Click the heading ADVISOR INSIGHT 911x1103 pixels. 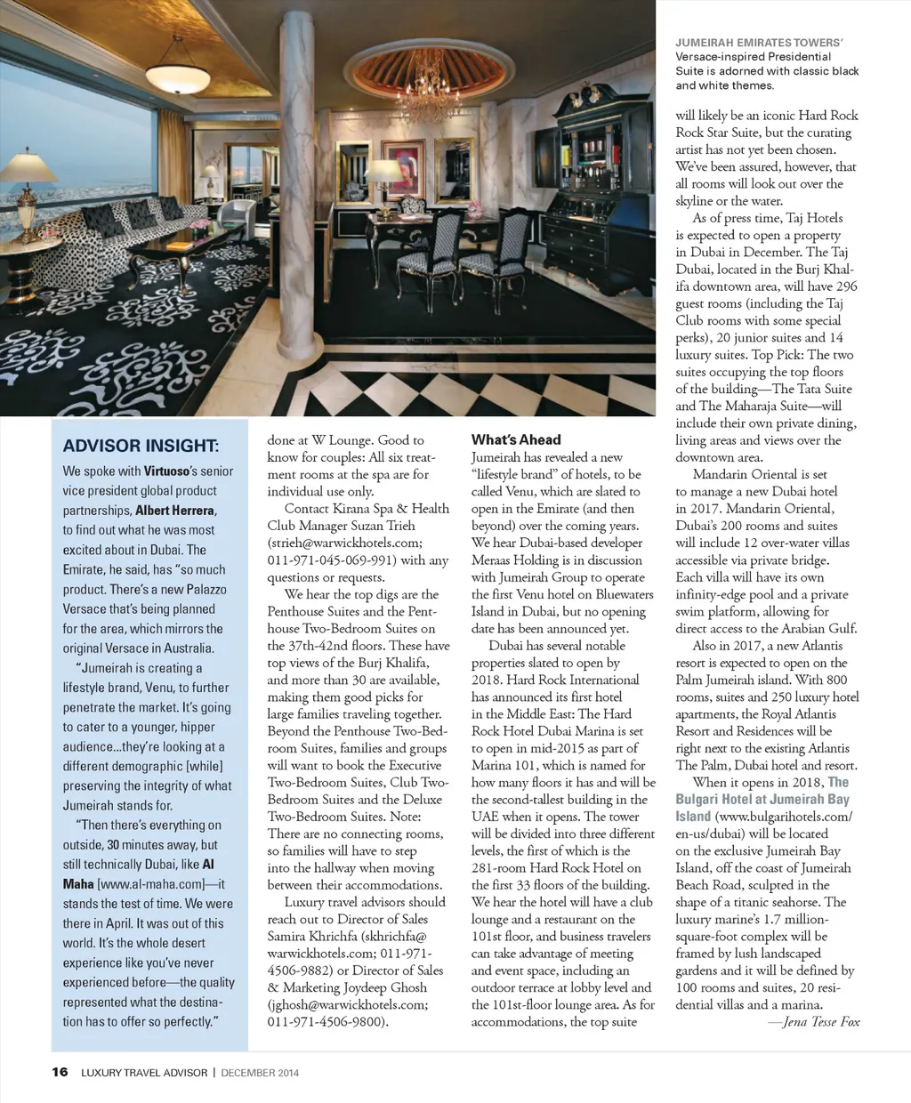click(141, 446)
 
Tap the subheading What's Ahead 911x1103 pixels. click(516, 439)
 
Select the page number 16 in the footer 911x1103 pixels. click(60, 1072)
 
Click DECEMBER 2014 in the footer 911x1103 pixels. click(260, 1073)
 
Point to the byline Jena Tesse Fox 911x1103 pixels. click(819, 1022)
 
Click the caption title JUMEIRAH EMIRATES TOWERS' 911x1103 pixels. click(759, 42)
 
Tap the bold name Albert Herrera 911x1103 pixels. click(174, 511)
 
